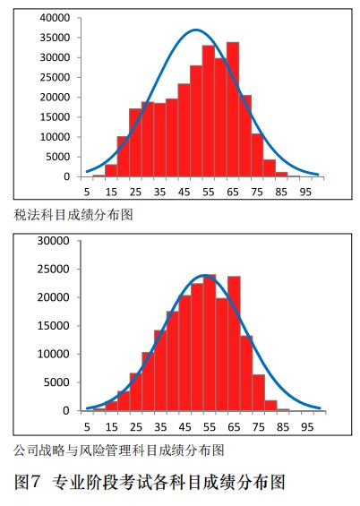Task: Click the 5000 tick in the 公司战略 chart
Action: [58, 382]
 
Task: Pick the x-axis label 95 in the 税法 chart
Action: [306, 191]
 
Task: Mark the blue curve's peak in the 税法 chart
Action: [196, 30]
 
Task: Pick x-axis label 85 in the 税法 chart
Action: [281, 191]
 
